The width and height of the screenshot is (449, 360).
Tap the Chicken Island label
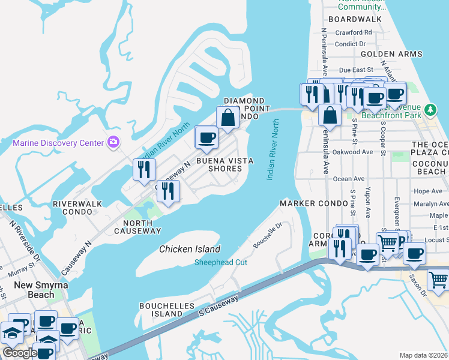(190, 249)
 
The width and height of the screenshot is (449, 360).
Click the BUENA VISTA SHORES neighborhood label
(225, 164)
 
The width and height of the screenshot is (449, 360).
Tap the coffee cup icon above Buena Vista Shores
(206, 138)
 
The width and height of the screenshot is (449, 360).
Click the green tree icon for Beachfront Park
(430, 110)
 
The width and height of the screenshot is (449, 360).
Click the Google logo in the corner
(19, 353)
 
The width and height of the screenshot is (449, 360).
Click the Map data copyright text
(423, 355)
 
